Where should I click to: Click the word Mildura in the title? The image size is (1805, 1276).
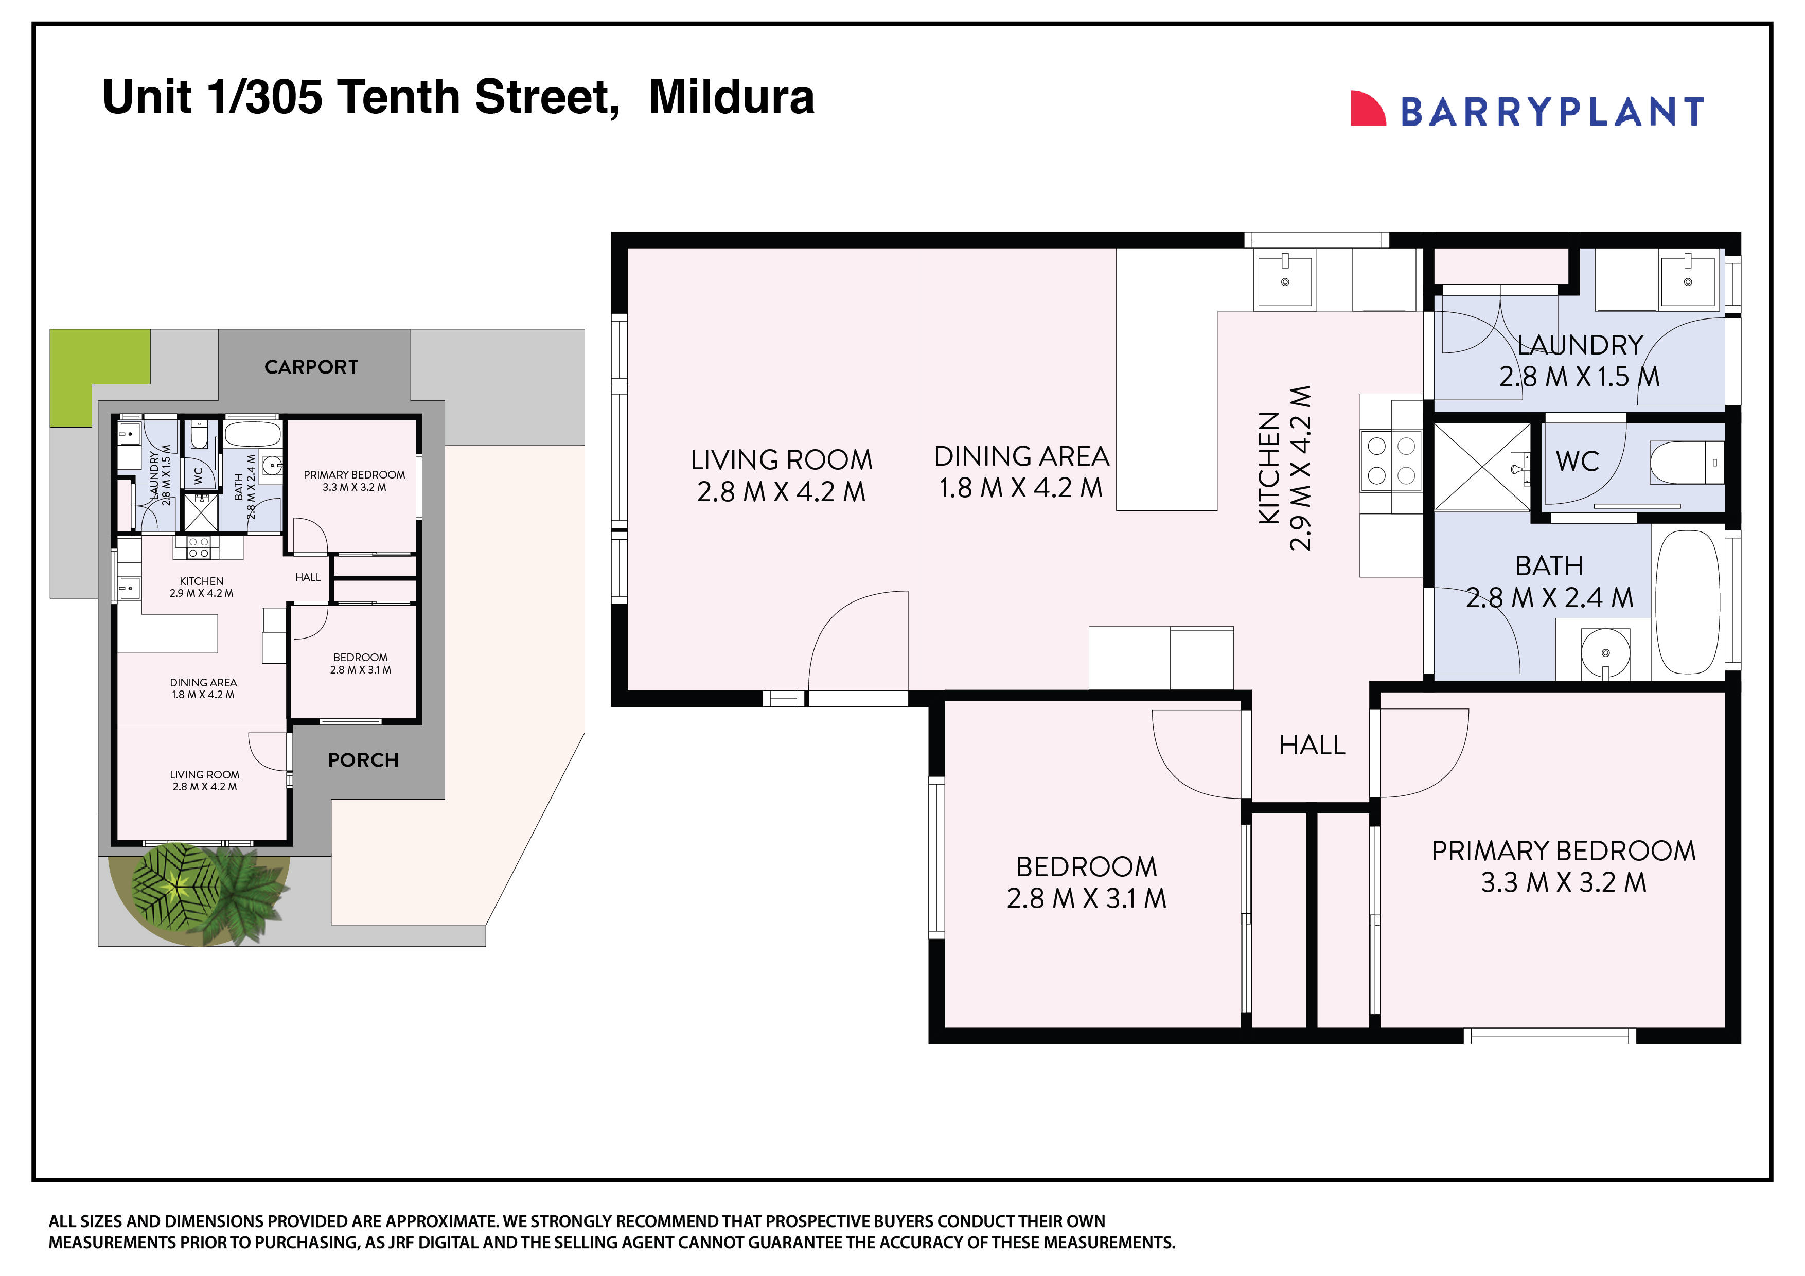click(731, 97)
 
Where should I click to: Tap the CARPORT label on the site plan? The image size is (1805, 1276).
click(311, 367)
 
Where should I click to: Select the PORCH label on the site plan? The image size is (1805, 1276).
click(363, 760)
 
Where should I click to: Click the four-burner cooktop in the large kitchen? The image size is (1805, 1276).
click(1391, 460)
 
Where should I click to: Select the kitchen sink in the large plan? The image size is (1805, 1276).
click(1285, 281)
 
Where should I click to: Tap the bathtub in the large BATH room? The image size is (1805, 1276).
click(1687, 602)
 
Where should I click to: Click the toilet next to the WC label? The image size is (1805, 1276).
click(1686, 463)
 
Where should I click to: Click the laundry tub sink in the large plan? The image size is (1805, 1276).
click(1687, 281)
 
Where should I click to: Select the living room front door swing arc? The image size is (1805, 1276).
click(857, 641)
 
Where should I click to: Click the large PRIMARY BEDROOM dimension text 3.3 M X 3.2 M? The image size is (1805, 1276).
click(1563, 882)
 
